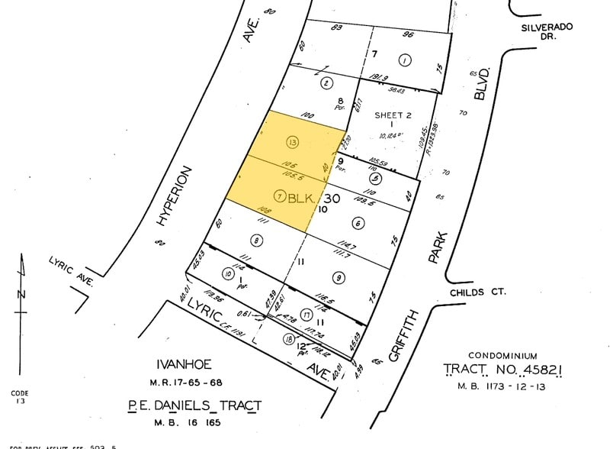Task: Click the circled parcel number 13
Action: (291, 141)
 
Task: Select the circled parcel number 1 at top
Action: (405, 60)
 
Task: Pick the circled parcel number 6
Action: (357, 223)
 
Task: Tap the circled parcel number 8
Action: (256, 241)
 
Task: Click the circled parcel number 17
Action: (305, 315)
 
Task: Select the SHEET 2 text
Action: (393, 115)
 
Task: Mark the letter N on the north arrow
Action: (23, 294)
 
